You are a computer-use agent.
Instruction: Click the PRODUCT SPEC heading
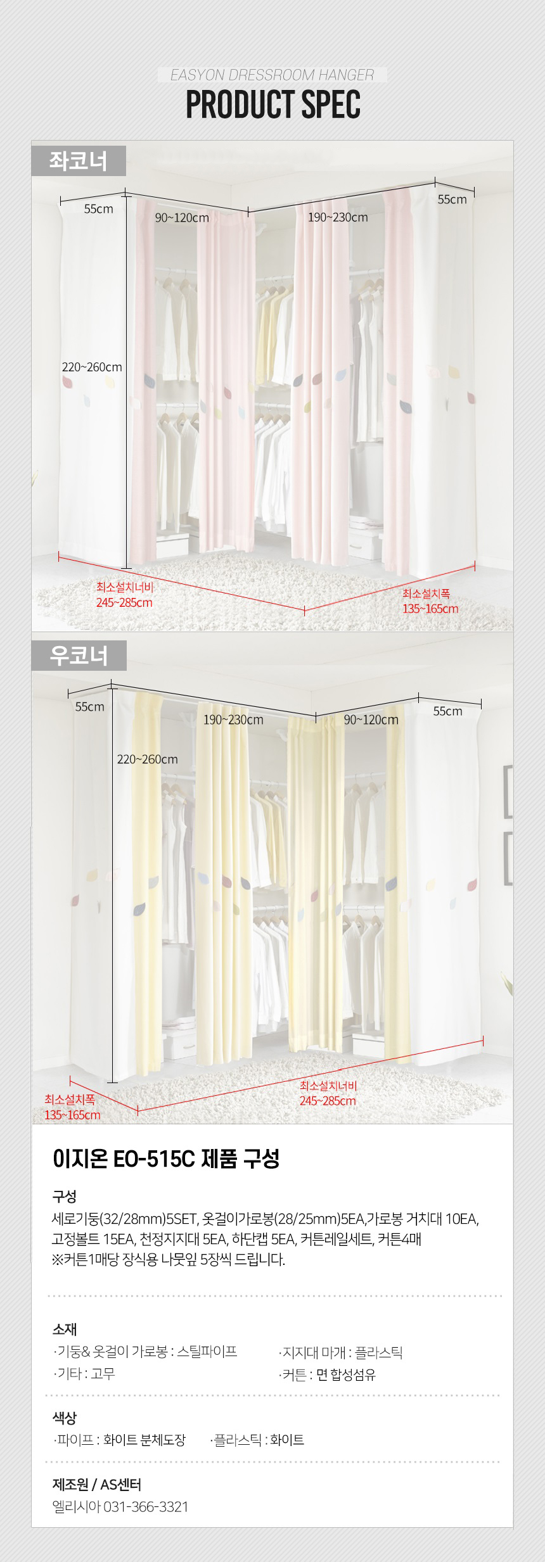coord(273,105)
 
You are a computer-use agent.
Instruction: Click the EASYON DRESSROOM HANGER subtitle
coord(272,75)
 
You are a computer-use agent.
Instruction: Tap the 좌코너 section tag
coord(79,161)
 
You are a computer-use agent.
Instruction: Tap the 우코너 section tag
coord(79,656)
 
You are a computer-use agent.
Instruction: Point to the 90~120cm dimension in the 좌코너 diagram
coord(182,218)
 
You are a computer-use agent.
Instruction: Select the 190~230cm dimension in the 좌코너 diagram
coord(338,217)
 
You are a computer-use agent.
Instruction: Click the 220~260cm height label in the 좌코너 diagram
coord(92,367)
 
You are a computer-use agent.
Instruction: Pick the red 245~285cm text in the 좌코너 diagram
coord(124,602)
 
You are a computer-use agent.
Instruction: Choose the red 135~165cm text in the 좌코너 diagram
coord(430,609)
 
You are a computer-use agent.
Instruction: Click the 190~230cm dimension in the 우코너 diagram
coord(233,720)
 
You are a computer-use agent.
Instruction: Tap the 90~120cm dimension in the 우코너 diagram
coord(371,720)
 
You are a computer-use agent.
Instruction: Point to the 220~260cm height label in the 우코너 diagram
coord(148,759)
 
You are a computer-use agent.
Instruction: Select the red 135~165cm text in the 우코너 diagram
coord(72,1115)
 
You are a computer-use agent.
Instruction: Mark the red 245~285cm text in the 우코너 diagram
coord(328,1100)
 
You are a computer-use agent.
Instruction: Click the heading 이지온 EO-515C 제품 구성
coord(165,1159)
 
